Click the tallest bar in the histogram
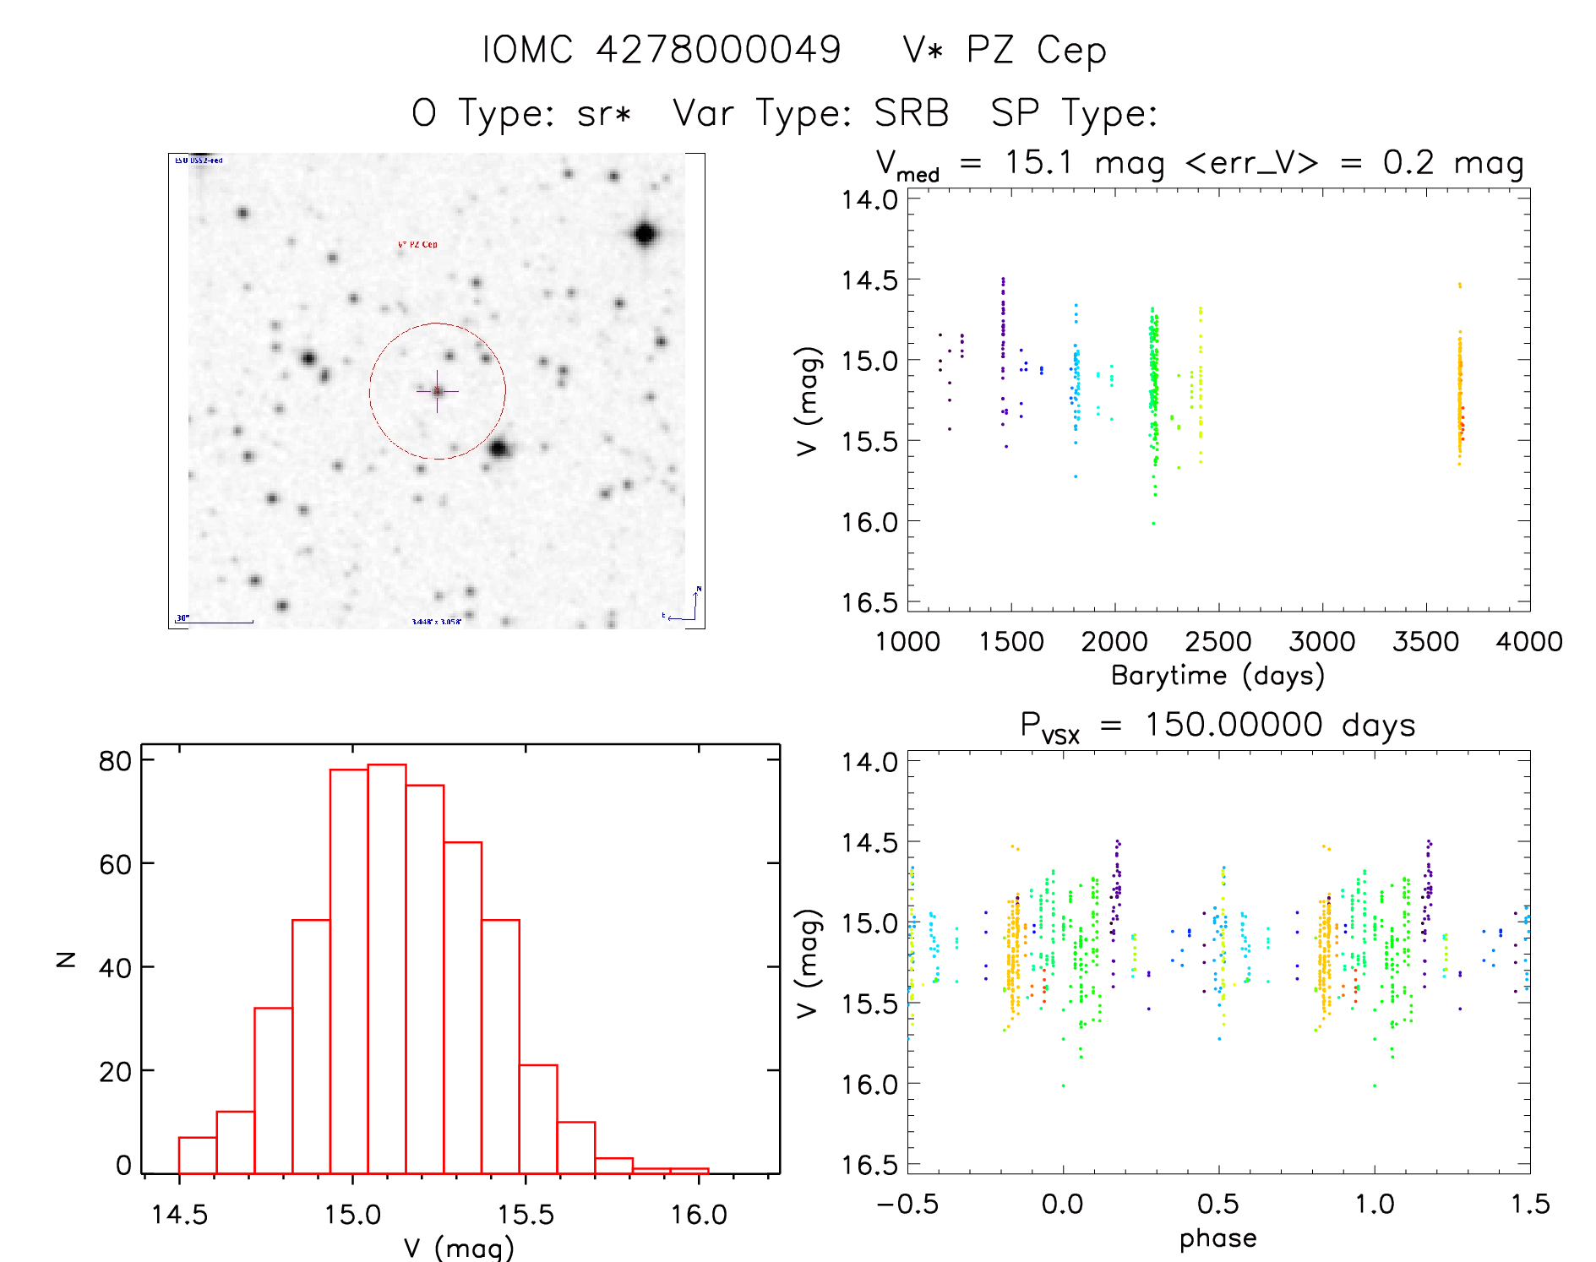coord(387,968)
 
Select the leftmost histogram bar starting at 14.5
coord(198,1155)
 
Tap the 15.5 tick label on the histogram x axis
coord(526,1215)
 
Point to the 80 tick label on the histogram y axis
coord(115,761)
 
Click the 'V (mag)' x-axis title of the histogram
coord(458,1248)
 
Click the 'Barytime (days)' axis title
coord(1217,676)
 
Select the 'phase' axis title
coord(1217,1238)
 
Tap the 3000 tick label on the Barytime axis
coord(1321,642)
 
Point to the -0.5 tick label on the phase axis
coord(907,1205)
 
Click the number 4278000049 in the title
coord(718,50)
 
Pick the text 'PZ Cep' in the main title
coord(1036,51)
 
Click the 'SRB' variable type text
coord(911,113)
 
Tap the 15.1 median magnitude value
coord(1038,162)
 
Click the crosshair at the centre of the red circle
coord(437,391)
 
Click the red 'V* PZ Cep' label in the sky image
coord(417,245)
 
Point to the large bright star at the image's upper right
coord(645,234)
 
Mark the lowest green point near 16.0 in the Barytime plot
coord(1153,524)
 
